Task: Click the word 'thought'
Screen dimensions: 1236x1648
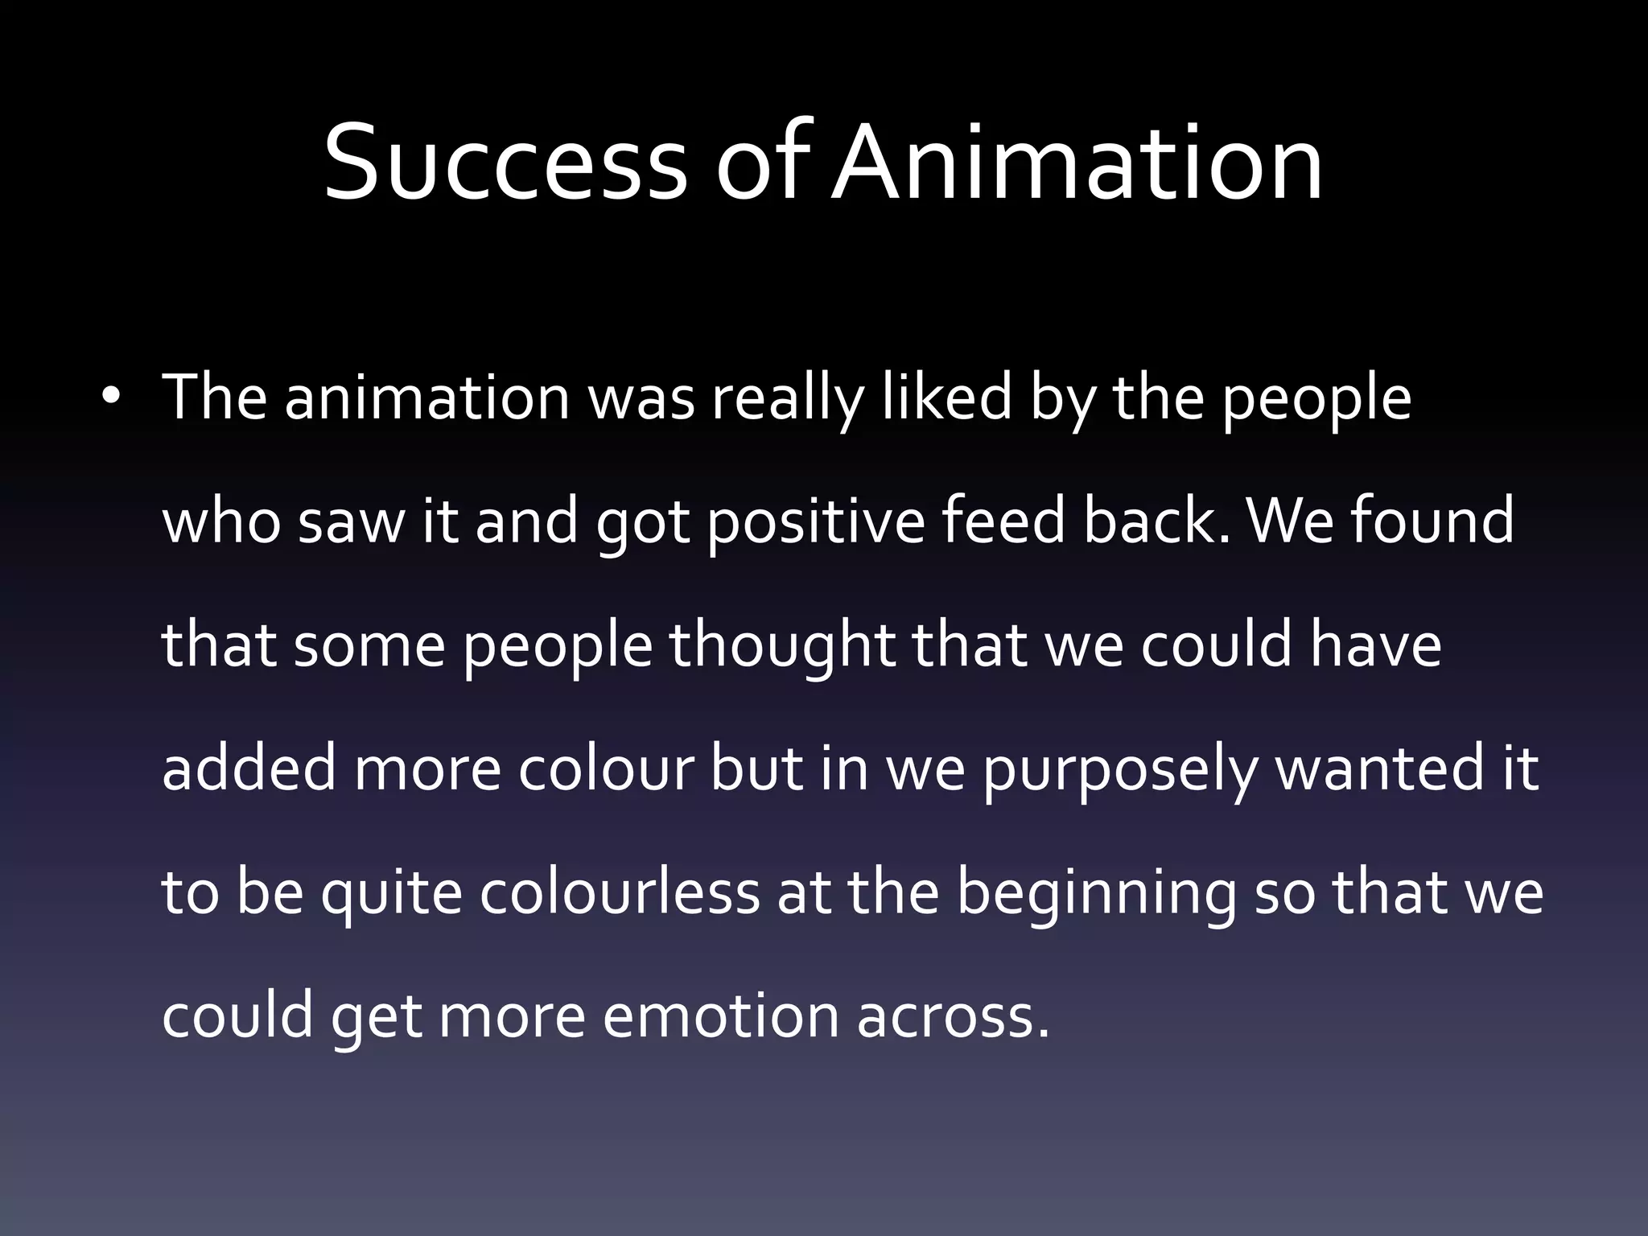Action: (x=781, y=647)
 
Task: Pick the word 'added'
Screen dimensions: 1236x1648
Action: (x=249, y=769)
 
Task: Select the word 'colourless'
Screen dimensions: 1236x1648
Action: (x=620, y=893)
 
